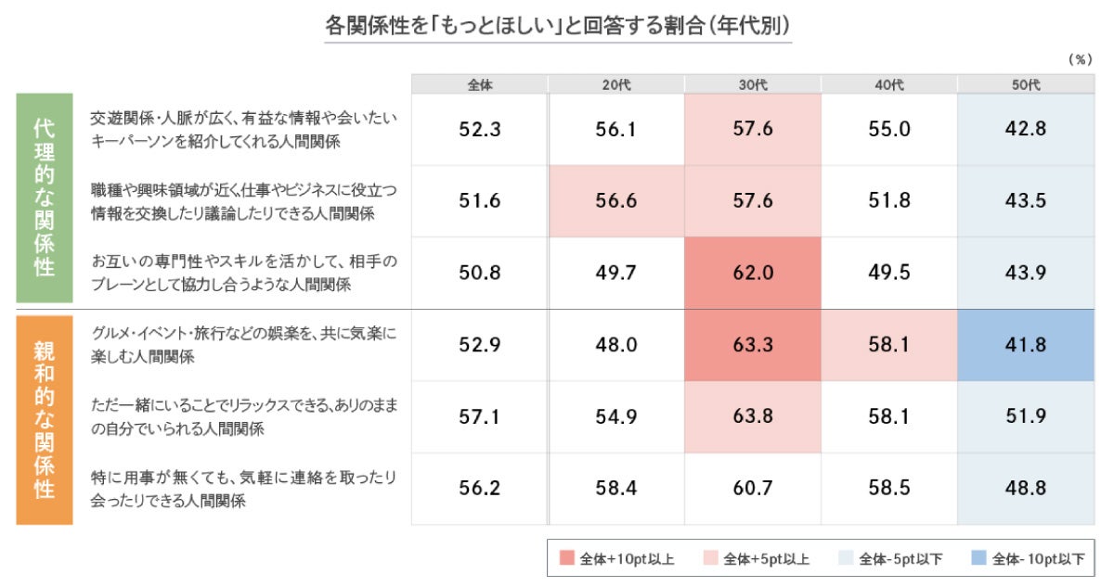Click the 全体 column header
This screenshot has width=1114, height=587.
pos(480,84)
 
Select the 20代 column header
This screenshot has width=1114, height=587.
pos(616,84)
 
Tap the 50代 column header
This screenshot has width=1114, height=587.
pos(1026,84)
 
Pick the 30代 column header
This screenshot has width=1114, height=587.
pos(753,84)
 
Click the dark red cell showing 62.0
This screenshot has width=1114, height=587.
pos(753,273)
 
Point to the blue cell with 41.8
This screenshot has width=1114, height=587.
pos(1026,345)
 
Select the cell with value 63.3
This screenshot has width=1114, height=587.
pos(753,345)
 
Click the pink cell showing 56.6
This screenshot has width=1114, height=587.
pos(616,201)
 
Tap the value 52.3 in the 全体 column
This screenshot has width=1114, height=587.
pos(480,130)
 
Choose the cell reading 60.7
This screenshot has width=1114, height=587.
pos(753,489)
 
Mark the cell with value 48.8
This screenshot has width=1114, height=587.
pos(1026,489)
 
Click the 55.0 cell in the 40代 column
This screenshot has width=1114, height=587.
pos(889,130)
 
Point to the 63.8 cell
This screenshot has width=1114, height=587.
pos(753,416)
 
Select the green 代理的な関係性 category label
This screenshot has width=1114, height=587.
pos(44,198)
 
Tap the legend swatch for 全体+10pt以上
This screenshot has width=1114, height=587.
pos(567,558)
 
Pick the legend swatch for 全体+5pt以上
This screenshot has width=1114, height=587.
pos(711,558)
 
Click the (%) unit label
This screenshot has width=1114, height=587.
pos(1080,59)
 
